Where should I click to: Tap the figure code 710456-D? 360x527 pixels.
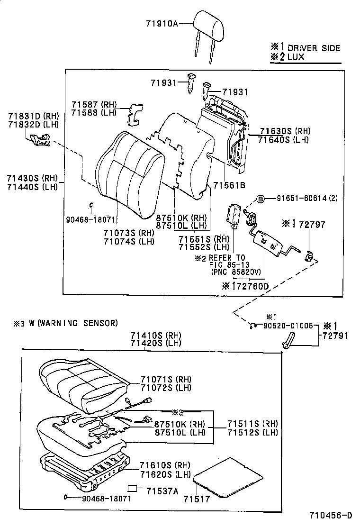click(331, 515)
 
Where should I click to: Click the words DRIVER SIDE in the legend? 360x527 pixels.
click(314, 48)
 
